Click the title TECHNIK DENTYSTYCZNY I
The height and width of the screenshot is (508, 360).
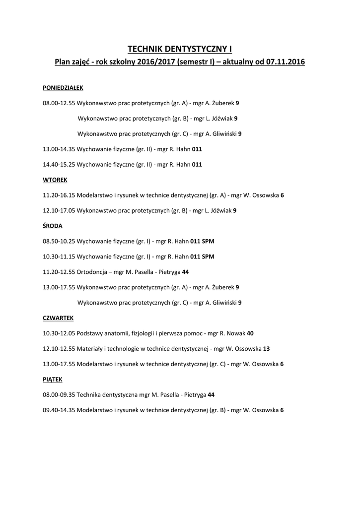point(180,49)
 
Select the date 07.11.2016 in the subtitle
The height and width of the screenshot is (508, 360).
point(286,63)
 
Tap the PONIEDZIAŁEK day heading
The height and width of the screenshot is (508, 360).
point(63,87)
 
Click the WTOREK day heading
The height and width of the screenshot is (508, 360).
point(55,180)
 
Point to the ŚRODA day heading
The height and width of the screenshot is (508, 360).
point(53,226)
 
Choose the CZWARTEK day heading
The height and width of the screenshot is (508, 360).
point(59,317)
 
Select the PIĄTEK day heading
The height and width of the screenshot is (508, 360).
point(53,379)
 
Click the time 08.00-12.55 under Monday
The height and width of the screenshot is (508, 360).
point(59,103)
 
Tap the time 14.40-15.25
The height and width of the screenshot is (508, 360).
point(59,164)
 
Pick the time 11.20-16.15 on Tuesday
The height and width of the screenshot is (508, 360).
point(59,195)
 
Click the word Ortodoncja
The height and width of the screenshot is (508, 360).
point(92,272)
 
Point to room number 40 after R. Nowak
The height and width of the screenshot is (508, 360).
point(250,333)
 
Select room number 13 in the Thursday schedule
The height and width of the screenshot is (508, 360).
point(267,349)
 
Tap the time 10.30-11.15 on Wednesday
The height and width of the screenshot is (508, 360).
point(59,256)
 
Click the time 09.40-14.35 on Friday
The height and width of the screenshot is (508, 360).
point(59,410)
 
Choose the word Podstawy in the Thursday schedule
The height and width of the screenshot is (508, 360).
point(90,333)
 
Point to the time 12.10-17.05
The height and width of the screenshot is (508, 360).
point(59,210)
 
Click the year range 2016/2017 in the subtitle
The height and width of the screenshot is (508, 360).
point(149,63)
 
